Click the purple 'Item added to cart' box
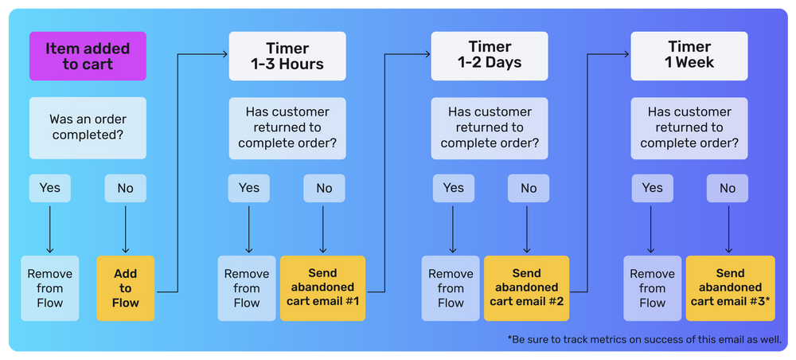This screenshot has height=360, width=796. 88,56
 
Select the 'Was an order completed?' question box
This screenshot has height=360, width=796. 88,127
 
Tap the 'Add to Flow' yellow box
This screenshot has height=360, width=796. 125,288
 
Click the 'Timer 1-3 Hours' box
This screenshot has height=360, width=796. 287,56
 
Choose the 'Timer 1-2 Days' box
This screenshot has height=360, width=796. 490,56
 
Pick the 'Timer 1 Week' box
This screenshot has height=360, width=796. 689,56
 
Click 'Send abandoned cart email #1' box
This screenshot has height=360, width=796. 322,288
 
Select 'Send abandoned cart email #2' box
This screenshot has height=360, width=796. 526,288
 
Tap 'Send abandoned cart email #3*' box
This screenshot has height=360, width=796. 730,288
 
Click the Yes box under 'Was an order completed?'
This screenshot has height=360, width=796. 50,188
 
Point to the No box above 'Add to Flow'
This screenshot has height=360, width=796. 126,188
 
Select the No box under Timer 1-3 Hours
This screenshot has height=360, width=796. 324,188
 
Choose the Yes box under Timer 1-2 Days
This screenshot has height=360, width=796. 453,188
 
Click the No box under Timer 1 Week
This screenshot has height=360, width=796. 728,188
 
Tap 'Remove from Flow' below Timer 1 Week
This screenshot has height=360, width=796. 652,288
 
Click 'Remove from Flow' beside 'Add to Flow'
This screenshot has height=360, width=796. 50,288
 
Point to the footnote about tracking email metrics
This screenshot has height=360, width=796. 644,339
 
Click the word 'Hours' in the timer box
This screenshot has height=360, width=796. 302,65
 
